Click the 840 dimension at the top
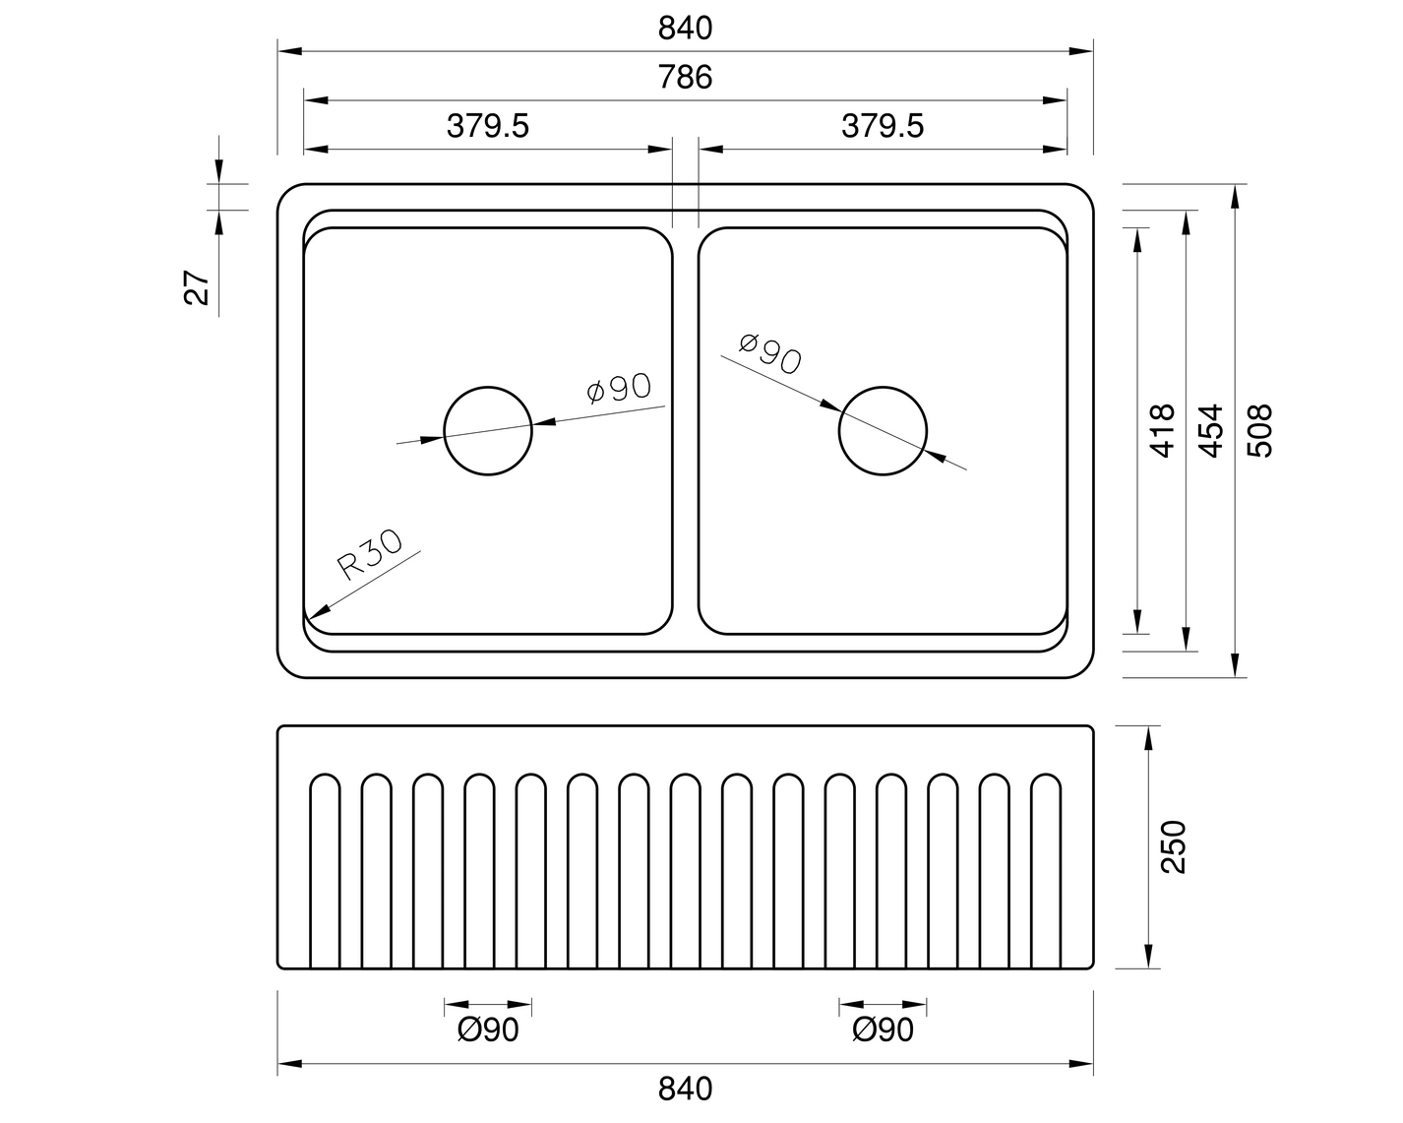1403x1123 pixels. tap(685, 29)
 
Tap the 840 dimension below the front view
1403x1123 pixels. tap(685, 1090)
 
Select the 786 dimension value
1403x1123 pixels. tap(685, 77)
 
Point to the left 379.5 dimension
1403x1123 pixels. tap(488, 126)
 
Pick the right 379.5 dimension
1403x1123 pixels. tap(883, 126)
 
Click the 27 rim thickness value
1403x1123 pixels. tap(198, 286)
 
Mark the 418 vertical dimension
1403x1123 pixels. tap(1162, 430)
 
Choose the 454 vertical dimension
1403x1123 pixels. tap(1211, 430)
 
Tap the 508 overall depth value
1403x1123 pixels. tap(1259, 430)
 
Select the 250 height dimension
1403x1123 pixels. tap(1174, 846)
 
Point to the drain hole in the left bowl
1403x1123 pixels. tap(488, 431)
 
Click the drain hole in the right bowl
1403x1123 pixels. tap(883, 431)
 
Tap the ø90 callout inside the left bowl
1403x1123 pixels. tap(619, 389)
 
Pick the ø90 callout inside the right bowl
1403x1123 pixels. tap(770, 353)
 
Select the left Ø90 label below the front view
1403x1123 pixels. tap(488, 1030)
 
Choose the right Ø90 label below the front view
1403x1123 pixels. tap(883, 1030)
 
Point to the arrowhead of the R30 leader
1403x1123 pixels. tap(311, 616)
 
